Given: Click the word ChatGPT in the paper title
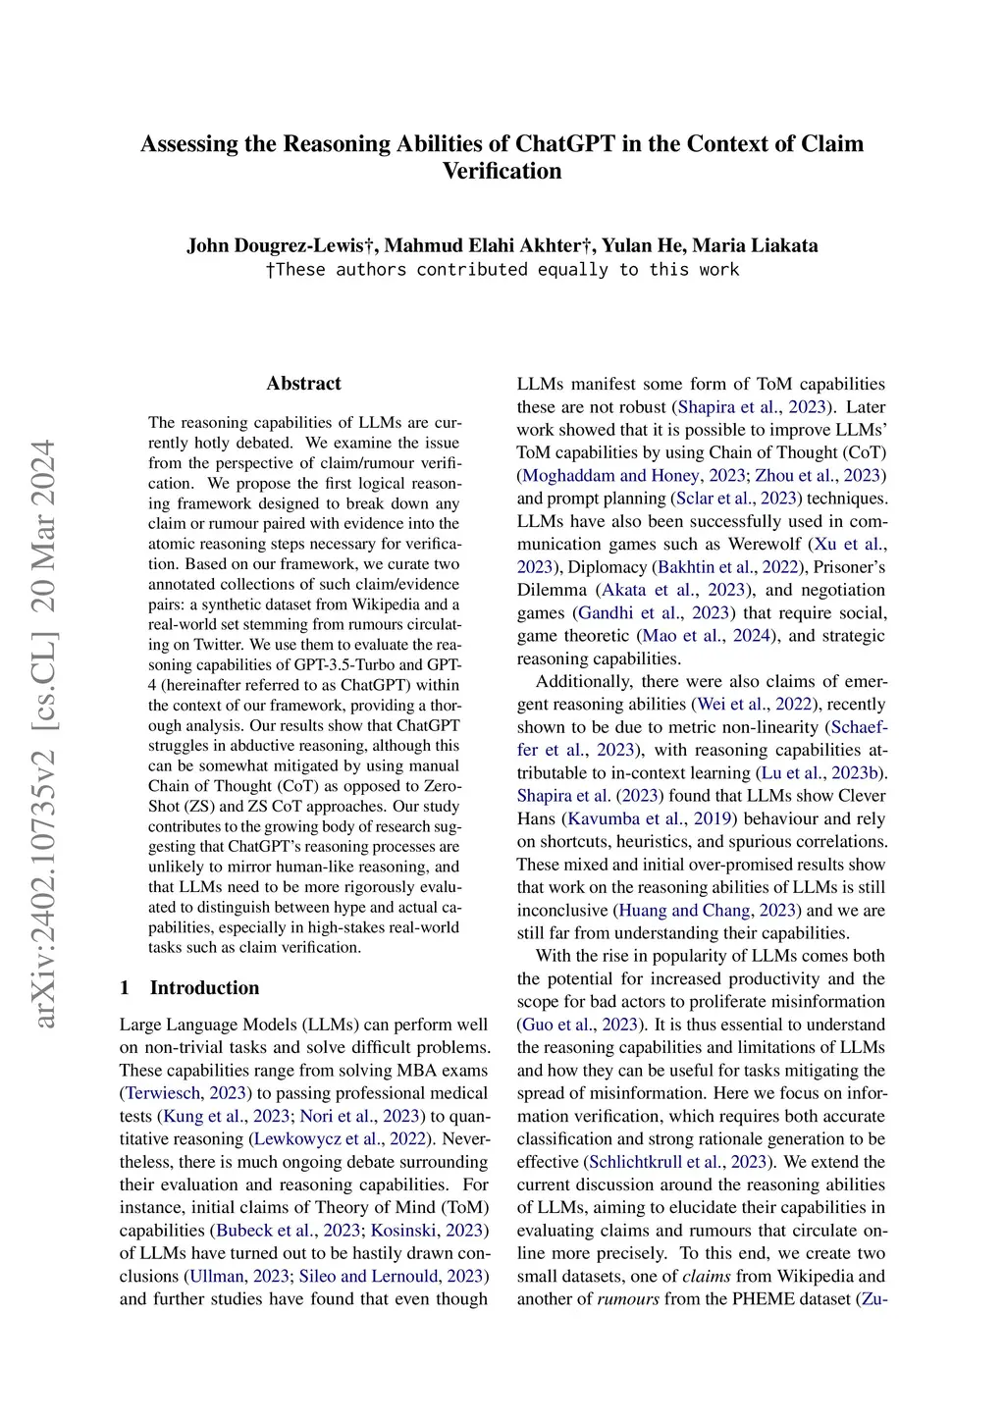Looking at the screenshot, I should (x=564, y=144).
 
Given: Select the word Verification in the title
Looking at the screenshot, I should (x=502, y=171).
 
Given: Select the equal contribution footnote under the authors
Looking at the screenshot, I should (x=502, y=270).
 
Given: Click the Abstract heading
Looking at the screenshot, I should (x=303, y=384).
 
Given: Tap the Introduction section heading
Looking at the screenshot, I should (x=204, y=988).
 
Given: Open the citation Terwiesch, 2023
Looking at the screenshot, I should (x=185, y=1093).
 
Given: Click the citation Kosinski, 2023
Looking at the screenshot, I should (x=427, y=1231).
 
